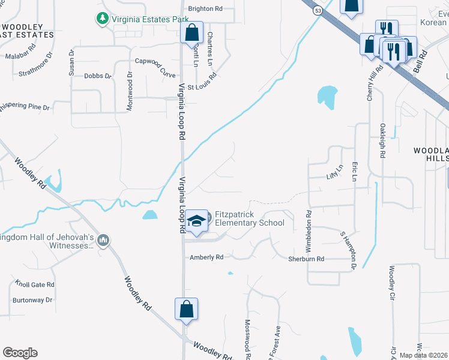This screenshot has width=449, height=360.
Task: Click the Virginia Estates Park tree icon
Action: point(102,19)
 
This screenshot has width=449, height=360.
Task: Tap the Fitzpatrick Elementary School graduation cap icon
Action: point(196,221)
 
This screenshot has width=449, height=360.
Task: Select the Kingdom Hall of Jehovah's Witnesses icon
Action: point(103,241)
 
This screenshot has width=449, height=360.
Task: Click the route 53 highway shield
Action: point(316,10)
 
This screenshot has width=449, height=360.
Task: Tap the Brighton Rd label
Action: point(205,9)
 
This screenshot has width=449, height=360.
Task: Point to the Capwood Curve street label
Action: point(155,61)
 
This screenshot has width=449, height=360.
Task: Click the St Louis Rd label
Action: point(201,86)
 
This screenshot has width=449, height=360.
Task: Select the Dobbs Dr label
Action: point(98,76)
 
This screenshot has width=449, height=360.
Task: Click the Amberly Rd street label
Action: point(206,257)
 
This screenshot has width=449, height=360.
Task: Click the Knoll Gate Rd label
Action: point(35,285)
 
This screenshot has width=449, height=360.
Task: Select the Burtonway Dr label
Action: point(32,299)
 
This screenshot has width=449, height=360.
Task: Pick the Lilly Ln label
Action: point(333,173)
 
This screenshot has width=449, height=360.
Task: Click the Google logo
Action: point(20,353)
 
